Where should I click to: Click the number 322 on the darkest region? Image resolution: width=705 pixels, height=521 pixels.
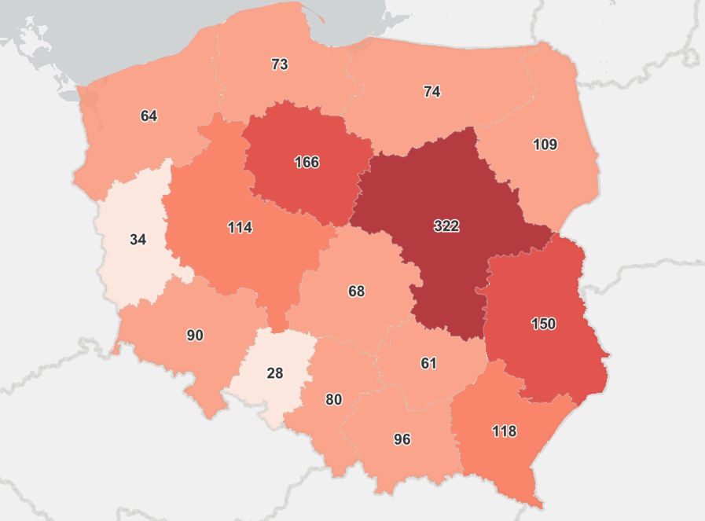(446, 226)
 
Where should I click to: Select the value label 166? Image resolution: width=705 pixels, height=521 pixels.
(307, 162)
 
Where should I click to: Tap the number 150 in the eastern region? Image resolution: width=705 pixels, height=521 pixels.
(543, 324)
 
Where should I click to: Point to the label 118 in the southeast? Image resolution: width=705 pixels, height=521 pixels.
(504, 431)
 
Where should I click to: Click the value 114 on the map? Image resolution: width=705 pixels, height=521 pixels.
(239, 228)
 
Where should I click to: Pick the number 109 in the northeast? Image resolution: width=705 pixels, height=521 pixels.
(545, 144)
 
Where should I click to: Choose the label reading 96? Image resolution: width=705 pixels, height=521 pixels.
(402, 439)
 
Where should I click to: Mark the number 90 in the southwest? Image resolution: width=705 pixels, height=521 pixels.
(195, 335)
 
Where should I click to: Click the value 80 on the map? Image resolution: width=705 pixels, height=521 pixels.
(334, 399)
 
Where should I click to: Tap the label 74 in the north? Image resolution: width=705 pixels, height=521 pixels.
(431, 91)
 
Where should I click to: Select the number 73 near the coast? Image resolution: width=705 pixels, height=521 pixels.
(279, 64)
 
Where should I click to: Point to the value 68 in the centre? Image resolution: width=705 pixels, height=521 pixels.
(356, 291)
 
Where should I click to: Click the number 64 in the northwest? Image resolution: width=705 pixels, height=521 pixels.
(149, 116)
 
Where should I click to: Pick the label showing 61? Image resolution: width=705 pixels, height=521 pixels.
(428, 363)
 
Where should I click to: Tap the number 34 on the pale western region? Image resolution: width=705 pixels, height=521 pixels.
(138, 239)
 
